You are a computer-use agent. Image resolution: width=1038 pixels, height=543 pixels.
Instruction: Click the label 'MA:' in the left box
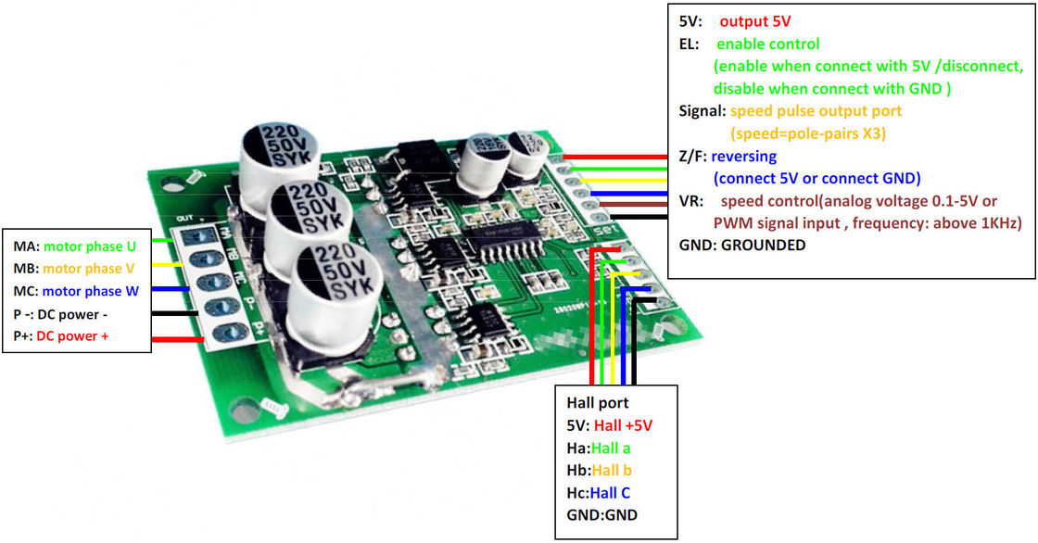tap(25, 246)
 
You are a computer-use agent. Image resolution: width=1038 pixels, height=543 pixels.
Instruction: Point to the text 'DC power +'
tap(72, 335)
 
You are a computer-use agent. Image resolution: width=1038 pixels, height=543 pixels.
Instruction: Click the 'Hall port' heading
tap(597, 403)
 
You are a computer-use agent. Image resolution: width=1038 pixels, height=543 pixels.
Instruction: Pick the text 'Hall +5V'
tap(625, 425)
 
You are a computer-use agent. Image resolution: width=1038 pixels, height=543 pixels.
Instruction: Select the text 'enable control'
tap(768, 44)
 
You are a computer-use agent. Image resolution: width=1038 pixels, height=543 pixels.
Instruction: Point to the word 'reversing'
tap(745, 156)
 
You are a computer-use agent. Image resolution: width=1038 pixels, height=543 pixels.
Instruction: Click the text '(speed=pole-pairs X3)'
tap(808, 133)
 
